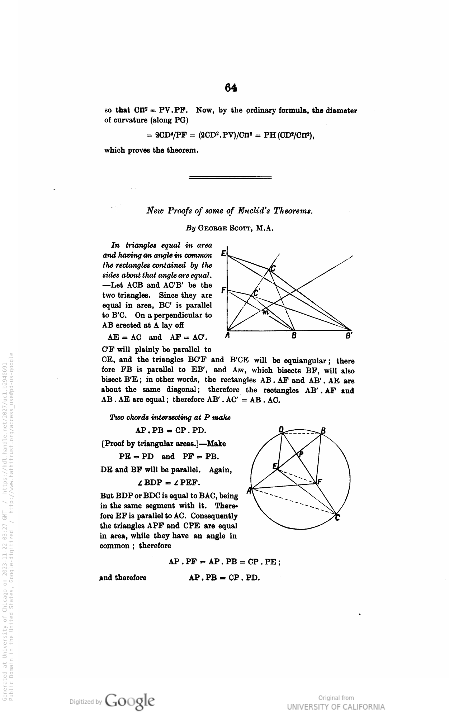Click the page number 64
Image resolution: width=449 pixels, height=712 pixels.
[231, 88]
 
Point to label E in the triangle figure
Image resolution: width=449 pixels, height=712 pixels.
[223, 253]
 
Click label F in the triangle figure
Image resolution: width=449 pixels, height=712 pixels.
[223, 290]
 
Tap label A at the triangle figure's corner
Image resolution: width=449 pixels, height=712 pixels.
[227, 336]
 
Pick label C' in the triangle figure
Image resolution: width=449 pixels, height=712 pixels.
[256, 292]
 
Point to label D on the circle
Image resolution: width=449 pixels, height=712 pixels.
[281, 429]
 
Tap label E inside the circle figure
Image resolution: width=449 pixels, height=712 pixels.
[275, 466]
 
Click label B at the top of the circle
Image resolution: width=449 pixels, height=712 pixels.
[323, 430]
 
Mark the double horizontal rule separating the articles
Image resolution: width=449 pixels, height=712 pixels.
[230, 177]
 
